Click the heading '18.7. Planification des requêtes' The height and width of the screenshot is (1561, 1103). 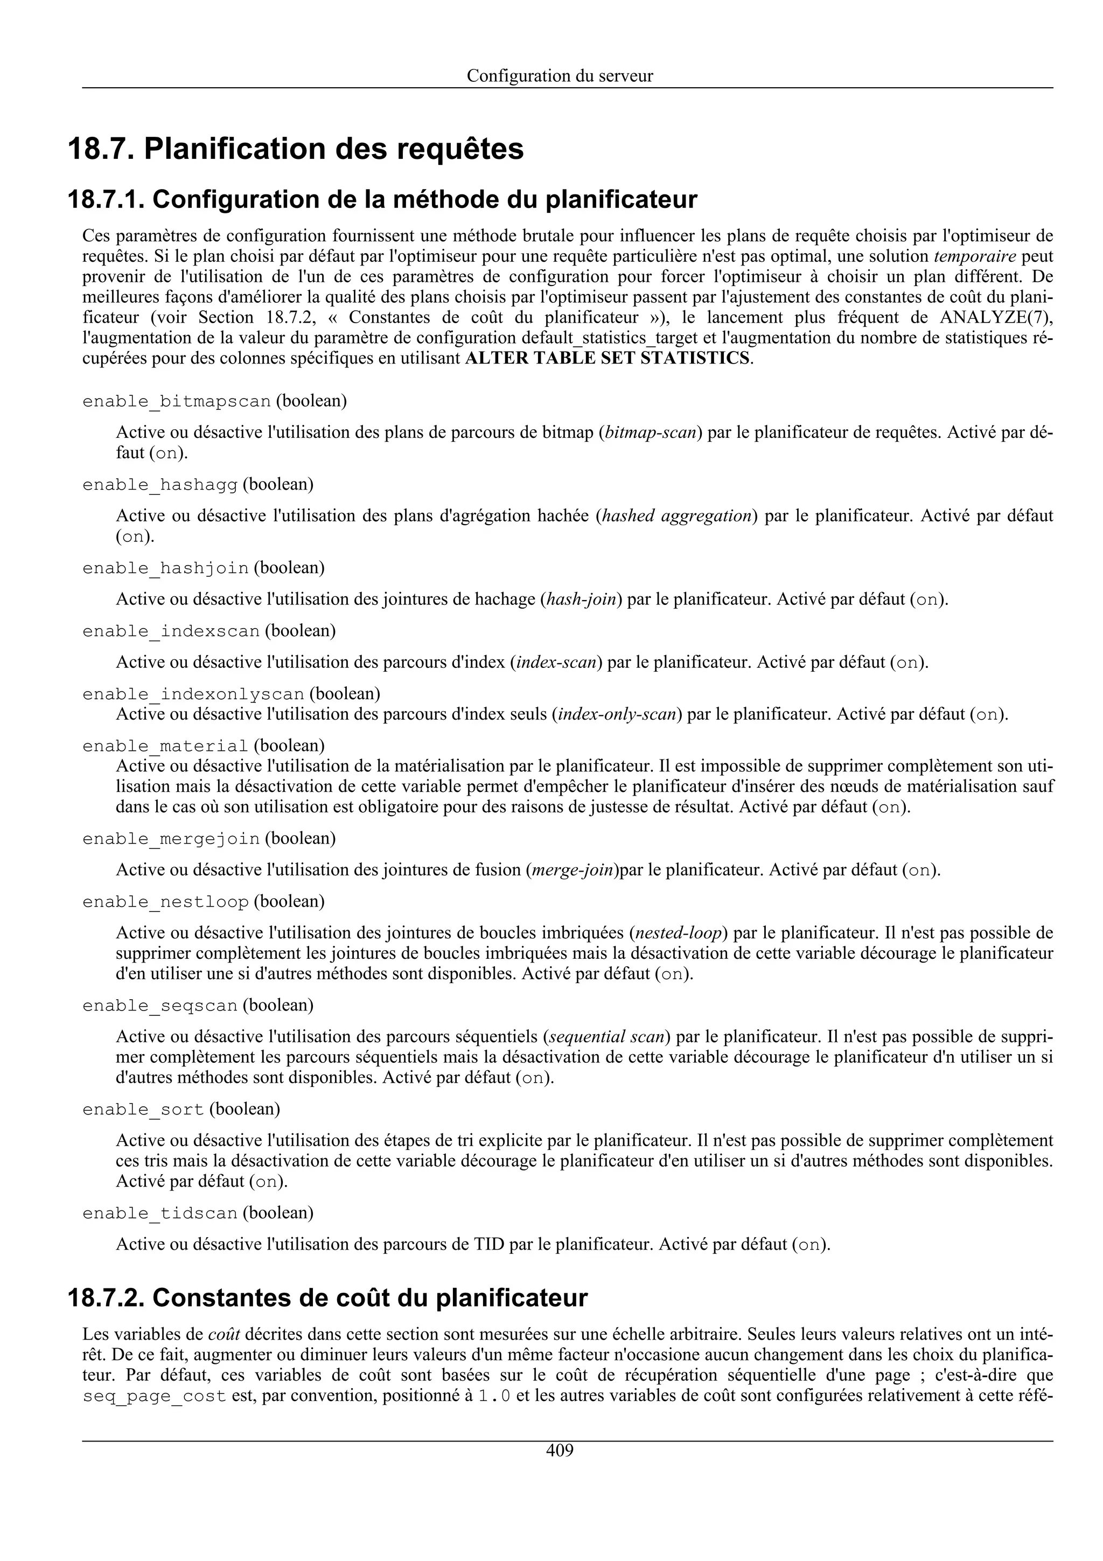click(x=296, y=149)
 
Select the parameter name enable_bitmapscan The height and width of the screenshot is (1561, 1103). click(x=177, y=402)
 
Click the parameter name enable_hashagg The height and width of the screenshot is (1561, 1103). click(x=160, y=485)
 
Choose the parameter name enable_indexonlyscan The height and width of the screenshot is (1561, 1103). click(x=193, y=694)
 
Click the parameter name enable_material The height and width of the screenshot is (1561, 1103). click(x=165, y=747)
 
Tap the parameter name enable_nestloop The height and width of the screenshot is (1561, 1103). click(x=165, y=902)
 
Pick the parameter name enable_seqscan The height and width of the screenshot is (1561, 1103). click(x=160, y=1006)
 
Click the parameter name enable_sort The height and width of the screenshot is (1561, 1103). click(x=143, y=1110)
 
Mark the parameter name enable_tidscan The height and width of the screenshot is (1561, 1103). click(x=160, y=1214)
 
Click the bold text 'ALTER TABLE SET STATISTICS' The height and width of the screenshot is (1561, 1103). click(x=608, y=358)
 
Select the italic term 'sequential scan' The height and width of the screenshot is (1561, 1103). click(x=606, y=1036)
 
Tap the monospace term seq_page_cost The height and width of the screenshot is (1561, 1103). click(x=153, y=1397)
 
